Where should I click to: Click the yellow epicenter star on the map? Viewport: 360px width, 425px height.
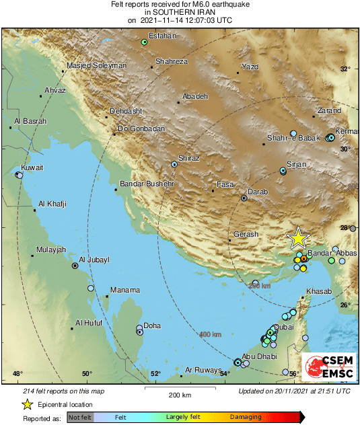[x=297, y=238]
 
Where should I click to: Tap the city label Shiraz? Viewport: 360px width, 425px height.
[x=189, y=158]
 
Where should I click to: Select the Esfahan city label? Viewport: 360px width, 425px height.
[x=161, y=36]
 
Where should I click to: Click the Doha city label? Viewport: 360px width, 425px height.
[x=152, y=326]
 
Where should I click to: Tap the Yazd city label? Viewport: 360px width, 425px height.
[x=250, y=67]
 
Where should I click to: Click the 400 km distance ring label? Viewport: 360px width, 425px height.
[x=211, y=334]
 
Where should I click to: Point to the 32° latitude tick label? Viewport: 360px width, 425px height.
[x=346, y=69]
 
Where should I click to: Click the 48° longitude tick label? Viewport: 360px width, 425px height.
[x=17, y=373]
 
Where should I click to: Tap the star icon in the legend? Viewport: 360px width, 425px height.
[x=28, y=404]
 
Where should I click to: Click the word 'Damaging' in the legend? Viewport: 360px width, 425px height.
[x=245, y=418]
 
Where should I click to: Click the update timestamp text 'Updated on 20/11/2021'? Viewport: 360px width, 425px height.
[x=294, y=391]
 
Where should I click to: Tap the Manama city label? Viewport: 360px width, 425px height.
[x=124, y=290]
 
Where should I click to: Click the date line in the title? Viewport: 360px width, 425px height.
[x=180, y=20]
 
